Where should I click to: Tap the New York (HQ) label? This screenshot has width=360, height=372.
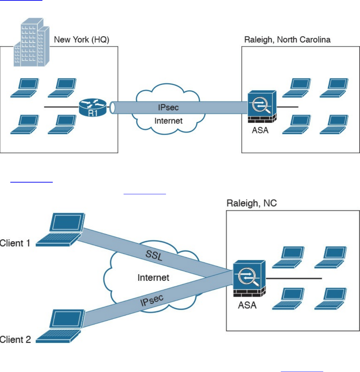(x=81, y=40)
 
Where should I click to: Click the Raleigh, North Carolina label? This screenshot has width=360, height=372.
(x=287, y=40)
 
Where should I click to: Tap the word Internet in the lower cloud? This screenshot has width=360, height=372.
(x=153, y=277)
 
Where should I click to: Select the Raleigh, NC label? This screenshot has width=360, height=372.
(x=251, y=203)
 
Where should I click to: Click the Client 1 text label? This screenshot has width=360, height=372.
(x=15, y=243)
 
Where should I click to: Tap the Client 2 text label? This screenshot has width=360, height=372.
(x=15, y=340)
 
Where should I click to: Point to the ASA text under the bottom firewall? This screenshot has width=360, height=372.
(x=247, y=305)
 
